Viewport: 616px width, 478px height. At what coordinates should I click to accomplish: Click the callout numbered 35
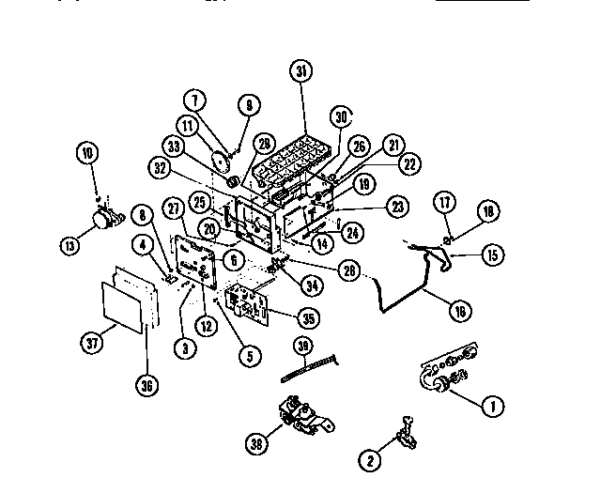[304, 316]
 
